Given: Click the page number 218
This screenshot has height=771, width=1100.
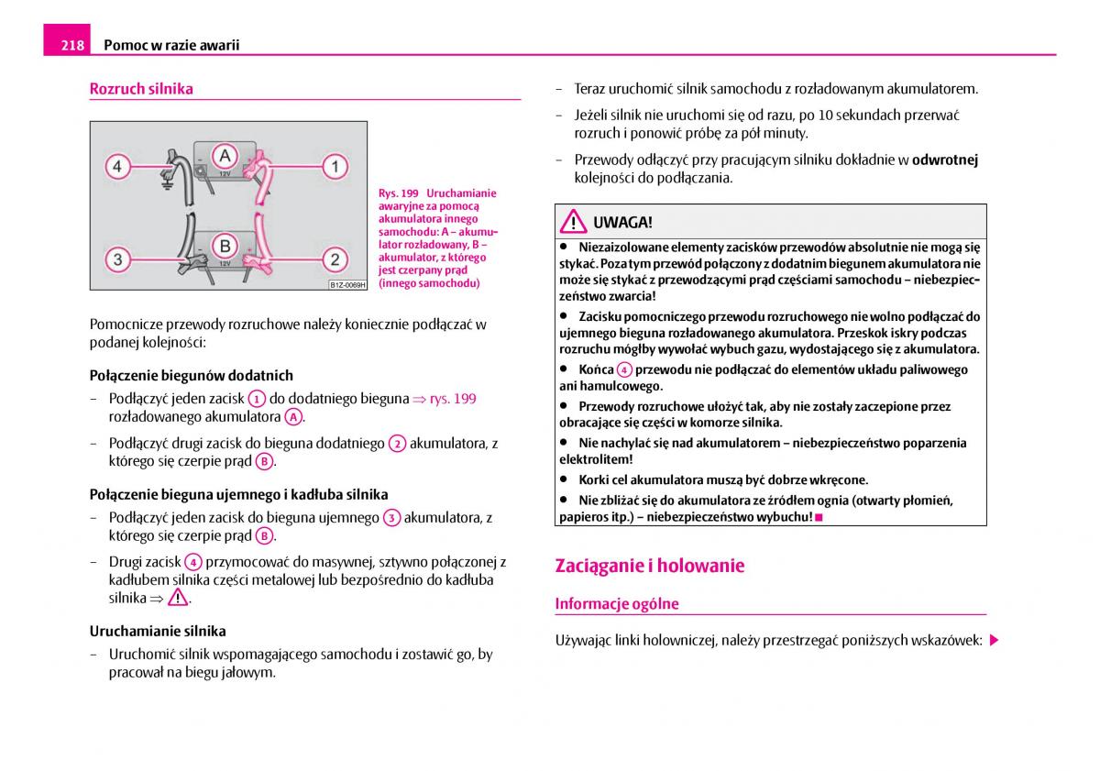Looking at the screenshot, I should [x=73, y=44].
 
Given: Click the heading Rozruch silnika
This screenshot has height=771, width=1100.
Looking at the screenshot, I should [x=141, y=89].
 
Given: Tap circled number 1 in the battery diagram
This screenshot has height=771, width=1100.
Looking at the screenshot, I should [x=335, y=167].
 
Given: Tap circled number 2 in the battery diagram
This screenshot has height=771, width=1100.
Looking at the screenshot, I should [x=335, y=259].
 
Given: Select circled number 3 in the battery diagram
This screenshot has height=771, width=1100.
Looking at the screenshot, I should [x=117, y=259].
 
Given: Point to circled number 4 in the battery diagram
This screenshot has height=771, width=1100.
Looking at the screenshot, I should [x=117, y=167].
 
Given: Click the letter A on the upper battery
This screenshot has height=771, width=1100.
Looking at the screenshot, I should [x=224, y=154].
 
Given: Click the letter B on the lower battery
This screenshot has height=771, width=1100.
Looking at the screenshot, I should [x=224, y=246].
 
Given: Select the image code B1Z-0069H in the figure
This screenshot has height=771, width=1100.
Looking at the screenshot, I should [x=347, y=285].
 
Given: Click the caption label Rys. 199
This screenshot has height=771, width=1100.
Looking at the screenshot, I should [x=398, y=193].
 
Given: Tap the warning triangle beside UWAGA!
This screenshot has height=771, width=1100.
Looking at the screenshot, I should [x=575, y=222].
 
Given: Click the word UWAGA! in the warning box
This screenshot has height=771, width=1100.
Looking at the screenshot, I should [x=622, y=222].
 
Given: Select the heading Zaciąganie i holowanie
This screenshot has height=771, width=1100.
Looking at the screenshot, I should [x=649, y=566].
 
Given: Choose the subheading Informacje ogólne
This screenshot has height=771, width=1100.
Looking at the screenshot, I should [x=617, y=603].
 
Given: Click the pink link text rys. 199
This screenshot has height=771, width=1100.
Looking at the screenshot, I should [x=453, y=399].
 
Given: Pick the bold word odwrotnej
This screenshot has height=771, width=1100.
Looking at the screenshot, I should [x=945, y=160].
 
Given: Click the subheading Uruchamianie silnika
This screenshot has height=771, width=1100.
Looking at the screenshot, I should [x=158, y=631].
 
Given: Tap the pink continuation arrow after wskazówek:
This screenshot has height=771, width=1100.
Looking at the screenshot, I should [x=994, y=640].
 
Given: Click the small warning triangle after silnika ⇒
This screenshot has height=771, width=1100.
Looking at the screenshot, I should [x=178, y=598].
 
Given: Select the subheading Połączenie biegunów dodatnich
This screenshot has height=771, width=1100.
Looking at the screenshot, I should [x=192, y=375].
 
